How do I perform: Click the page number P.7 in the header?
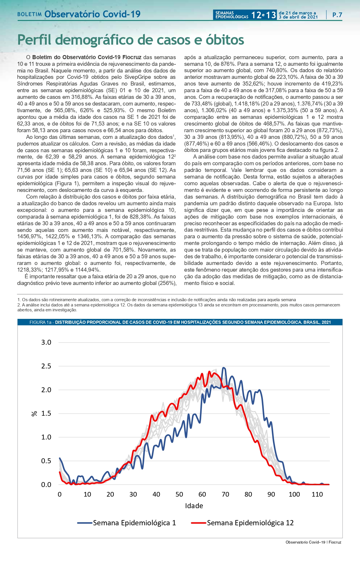click(337, 15)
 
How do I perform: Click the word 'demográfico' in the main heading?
click(104, 40)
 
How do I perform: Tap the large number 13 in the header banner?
click(271, 15)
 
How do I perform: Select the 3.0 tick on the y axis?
click(46, 342)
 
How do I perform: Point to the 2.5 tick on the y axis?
click(46, 366)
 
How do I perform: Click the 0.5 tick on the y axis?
click(46, 461)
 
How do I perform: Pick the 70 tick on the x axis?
click(225, 494)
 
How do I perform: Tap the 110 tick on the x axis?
click(317, 494)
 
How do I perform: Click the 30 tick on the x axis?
click(133, 494)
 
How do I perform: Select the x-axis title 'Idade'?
click(194, 506)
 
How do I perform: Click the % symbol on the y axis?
click(34, 414)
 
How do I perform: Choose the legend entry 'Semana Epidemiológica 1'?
click(134, 523)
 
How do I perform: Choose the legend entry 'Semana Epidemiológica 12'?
click(250, 523)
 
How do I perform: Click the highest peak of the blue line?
click(223, 368)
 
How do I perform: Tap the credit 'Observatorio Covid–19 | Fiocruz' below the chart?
click(313, 542)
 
